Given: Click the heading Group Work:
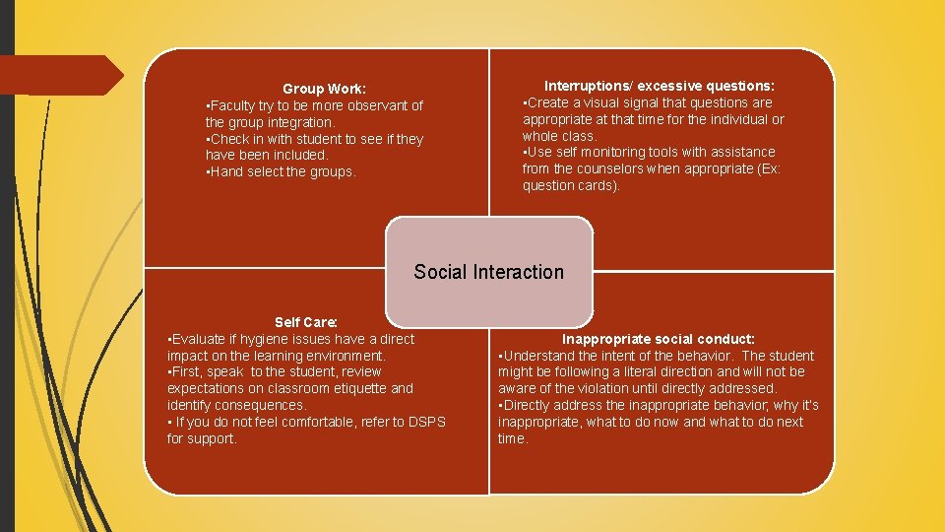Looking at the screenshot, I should tap(324, 89).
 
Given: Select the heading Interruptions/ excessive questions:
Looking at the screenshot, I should tap(660, 87).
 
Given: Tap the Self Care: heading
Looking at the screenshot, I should tap(305, 322).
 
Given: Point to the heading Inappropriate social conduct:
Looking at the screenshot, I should tap(659, 339).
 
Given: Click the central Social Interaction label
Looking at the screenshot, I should tap(489, 272).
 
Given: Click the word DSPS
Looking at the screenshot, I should tap(426, 422).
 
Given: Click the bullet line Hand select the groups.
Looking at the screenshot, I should tap(282, 171).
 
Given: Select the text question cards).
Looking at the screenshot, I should tap(571, 185).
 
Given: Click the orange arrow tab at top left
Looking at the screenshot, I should tap(59, 75).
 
